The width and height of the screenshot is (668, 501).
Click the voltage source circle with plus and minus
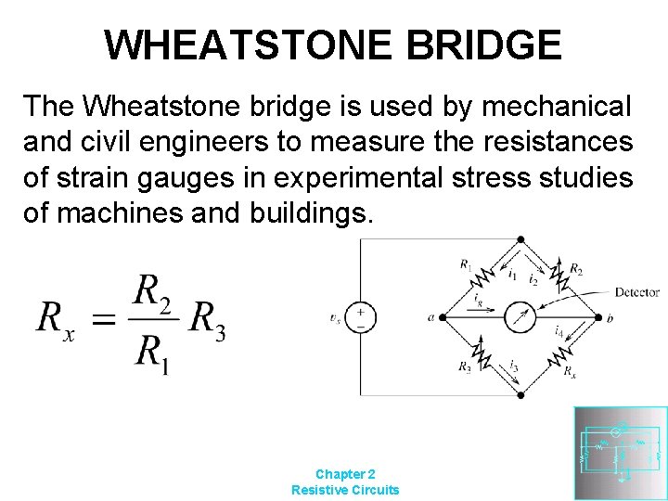pos(361,317)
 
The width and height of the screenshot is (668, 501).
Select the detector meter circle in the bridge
pos(520,317)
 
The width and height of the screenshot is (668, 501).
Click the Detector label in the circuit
pos(636,292)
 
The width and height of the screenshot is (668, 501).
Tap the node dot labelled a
pos(442,317)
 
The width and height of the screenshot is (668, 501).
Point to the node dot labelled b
pos(598,317)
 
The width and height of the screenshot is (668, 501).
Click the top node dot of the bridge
pos(520,238)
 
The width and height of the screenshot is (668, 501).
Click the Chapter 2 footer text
pos(345,473)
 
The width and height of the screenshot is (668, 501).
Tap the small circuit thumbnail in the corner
pos(620,453)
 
